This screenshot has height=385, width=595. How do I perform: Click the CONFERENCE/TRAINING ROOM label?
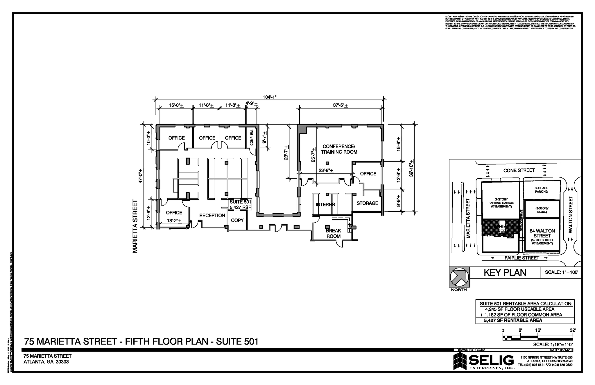[x=339, y=149]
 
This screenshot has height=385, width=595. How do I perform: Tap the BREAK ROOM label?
[x=333, y=233]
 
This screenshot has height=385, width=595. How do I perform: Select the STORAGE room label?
[x=367, y=203]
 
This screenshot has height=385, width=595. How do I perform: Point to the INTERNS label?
[x=325, y=205]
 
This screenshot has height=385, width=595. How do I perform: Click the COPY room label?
[x=237, y=220]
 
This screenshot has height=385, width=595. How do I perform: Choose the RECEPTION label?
[x=212, y=215]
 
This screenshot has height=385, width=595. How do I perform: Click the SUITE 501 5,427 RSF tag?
[x=240, y=205]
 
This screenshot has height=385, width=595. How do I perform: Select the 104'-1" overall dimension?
[x=270, y=97]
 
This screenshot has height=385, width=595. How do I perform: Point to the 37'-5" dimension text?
[x=340, y=105]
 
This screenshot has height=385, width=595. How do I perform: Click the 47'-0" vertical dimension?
[x=141, y=176]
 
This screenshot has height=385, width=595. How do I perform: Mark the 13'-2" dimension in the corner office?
[x=174, y=221]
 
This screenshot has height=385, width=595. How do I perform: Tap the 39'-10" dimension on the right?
[x=411, y=168]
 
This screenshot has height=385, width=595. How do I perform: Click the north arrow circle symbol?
[x=459, y=277]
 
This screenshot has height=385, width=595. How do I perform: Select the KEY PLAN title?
[x=505, y=273]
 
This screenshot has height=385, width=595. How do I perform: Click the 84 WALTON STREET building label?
[x=542, y=233]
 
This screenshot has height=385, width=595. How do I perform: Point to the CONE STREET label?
[x=519, y=170]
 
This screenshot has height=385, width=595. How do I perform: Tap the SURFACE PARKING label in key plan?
[x=541, y=190]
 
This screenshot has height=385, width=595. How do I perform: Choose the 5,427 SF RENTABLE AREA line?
[x=513, y=320]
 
